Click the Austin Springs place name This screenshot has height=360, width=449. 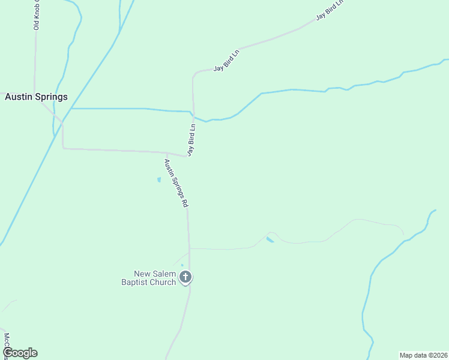pyautogui.click(x=36, y=97)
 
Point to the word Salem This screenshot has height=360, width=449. pyautogui.click(x=164, y=274)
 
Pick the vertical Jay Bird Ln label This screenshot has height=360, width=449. pyautogui.click(x=192, y=140)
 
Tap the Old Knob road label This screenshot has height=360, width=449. pyautogui.click(x=36, y=14)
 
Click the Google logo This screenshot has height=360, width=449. pyautogui.click(x=20, y=353)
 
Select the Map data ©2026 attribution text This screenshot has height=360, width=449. pyautogui.click(x=423, y=355)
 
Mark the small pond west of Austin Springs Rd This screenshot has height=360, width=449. pyautogui.click(x=159, y=179)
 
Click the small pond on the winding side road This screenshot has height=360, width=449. pyautogui.click(x=270, y=240)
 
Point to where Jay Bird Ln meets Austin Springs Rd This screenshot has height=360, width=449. pyautogui.click(x=187, y=156)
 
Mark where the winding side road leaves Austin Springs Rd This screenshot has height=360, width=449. pyautogui.click(x=189, y=247)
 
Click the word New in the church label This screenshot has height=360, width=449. pyautogui.click(x=143, y=274)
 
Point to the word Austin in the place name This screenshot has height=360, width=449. pyautogui.click(x=18, y=97)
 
